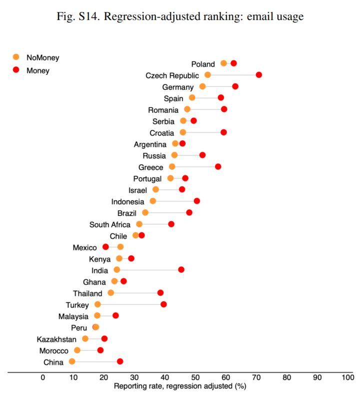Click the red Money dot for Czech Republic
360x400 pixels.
(x=258, y=75)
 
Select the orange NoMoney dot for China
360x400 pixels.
(x=72, y=362)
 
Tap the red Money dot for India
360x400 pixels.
(x=181, y=270)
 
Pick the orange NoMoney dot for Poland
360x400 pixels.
(x=223, y=63)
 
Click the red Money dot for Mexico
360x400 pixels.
(x=105, y=247)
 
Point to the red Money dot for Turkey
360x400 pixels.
(x=163, y=304)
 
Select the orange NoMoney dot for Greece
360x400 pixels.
(x=172, y=167)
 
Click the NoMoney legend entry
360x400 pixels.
(x=42, y=57)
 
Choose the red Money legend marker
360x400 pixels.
(x=16, y=70)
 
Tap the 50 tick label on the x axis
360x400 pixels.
(x=195, y=378)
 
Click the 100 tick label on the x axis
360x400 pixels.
(x=347, y=378)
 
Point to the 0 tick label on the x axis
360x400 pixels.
(x=43, y=378)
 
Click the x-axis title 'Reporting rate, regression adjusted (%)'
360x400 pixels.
(x=180, y=386)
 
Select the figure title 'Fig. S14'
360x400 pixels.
(x=179, y=16)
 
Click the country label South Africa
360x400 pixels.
(x=110, y=224)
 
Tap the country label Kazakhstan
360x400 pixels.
(x=56, y=339)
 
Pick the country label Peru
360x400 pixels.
(x=79, y=328)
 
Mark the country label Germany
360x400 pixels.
(x=177, y=87)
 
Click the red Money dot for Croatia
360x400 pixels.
(x=223, y=132)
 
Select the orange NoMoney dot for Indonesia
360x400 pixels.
(x=153, y=201)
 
